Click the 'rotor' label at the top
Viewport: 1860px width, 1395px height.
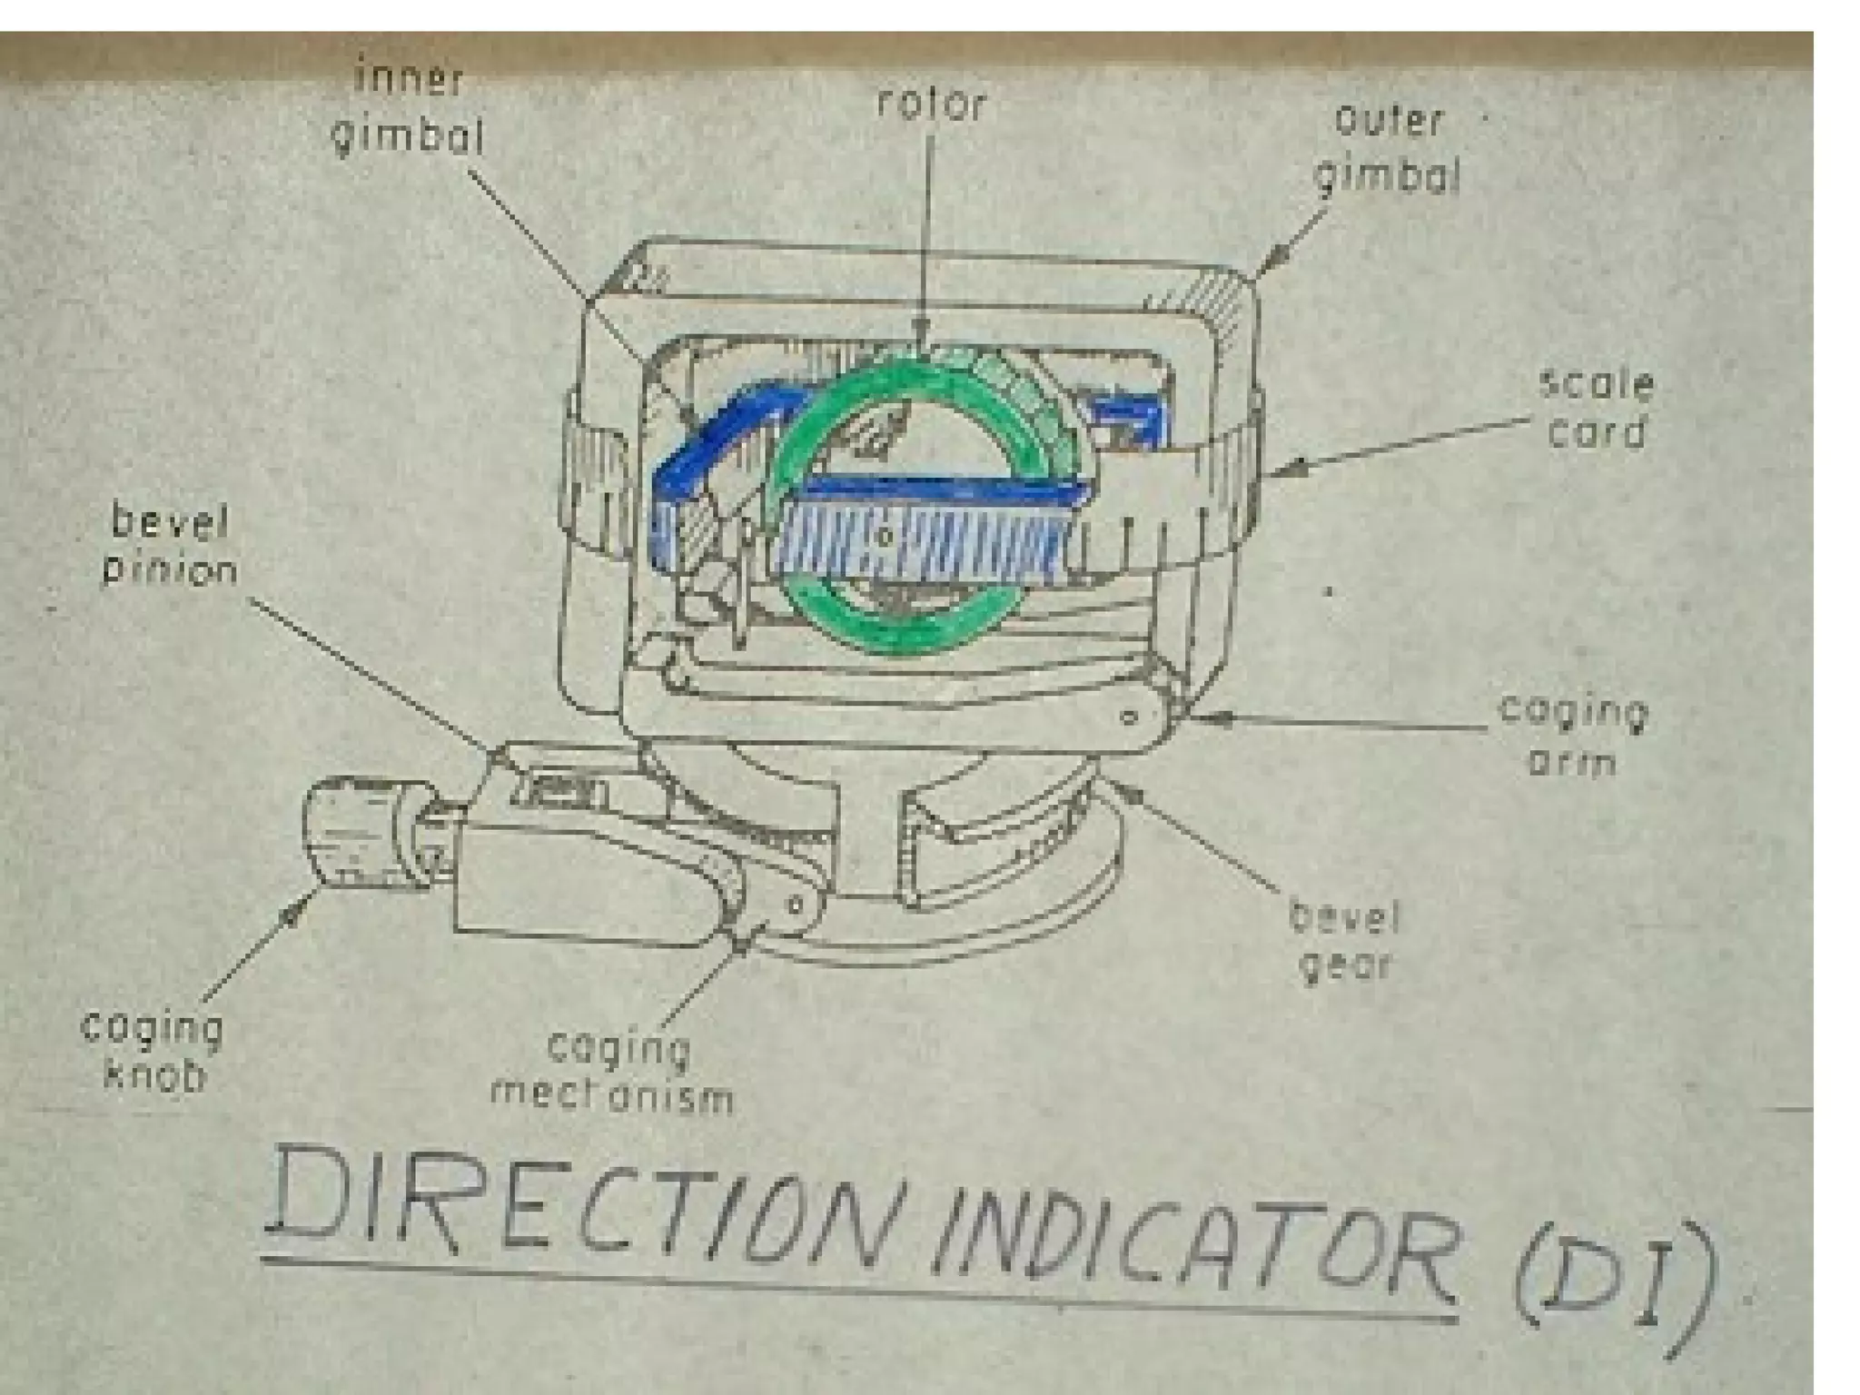pyautogui.click(x=931, y=104)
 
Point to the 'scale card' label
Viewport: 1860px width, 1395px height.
pyautogui.click(x=1596, y=408)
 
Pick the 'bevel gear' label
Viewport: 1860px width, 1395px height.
pyautogui.click(x=1345, y=941)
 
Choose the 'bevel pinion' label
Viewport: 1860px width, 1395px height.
pyautogui.click(x=170, y=546)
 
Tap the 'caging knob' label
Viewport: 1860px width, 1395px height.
pyautogui.click(x=153, y=1051)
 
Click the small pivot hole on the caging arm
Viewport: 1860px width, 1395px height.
pyautogui.click(x=1130, y=717)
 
